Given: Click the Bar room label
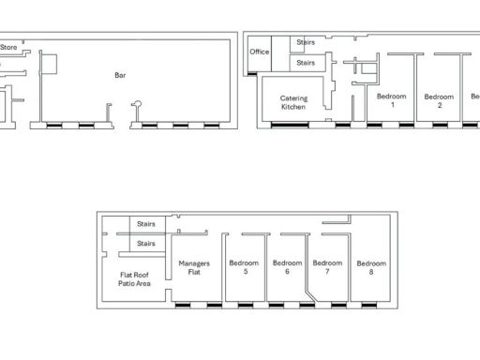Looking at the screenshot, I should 120,73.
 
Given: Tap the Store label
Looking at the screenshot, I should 8,45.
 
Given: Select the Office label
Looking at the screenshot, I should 260,52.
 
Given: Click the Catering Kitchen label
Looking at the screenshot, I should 294,103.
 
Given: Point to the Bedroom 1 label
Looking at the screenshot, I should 391,100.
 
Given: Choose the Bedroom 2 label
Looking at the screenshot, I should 439,100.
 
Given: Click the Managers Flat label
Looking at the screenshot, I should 194,267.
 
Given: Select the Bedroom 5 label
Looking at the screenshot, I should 244,267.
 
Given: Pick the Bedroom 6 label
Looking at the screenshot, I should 287,267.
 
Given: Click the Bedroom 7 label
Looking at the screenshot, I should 327,267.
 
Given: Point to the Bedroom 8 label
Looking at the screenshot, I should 371,267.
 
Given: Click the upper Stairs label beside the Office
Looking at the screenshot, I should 306,43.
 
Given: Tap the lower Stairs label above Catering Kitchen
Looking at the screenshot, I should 306,63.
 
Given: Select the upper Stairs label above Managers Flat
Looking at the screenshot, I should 146,224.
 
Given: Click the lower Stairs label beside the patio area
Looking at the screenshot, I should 146,244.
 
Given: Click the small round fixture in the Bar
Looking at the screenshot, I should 137,102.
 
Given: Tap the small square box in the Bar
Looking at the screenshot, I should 51,63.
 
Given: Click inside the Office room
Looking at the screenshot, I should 260,62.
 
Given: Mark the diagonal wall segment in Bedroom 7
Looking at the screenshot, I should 310,292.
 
